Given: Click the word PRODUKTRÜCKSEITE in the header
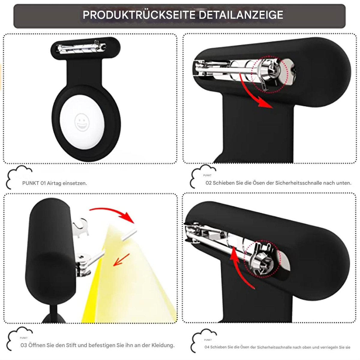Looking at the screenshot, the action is tap(139, 15).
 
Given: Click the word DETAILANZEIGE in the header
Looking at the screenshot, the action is tap(241, 15).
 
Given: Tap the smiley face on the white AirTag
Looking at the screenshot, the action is tap(82, 122).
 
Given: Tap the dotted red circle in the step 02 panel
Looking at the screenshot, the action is tap(270, 74).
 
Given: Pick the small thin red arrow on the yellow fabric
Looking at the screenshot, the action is tap(121, 260).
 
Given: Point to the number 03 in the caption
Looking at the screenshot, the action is tap(24, 345).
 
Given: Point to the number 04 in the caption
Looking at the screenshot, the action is tap(207, 347).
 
